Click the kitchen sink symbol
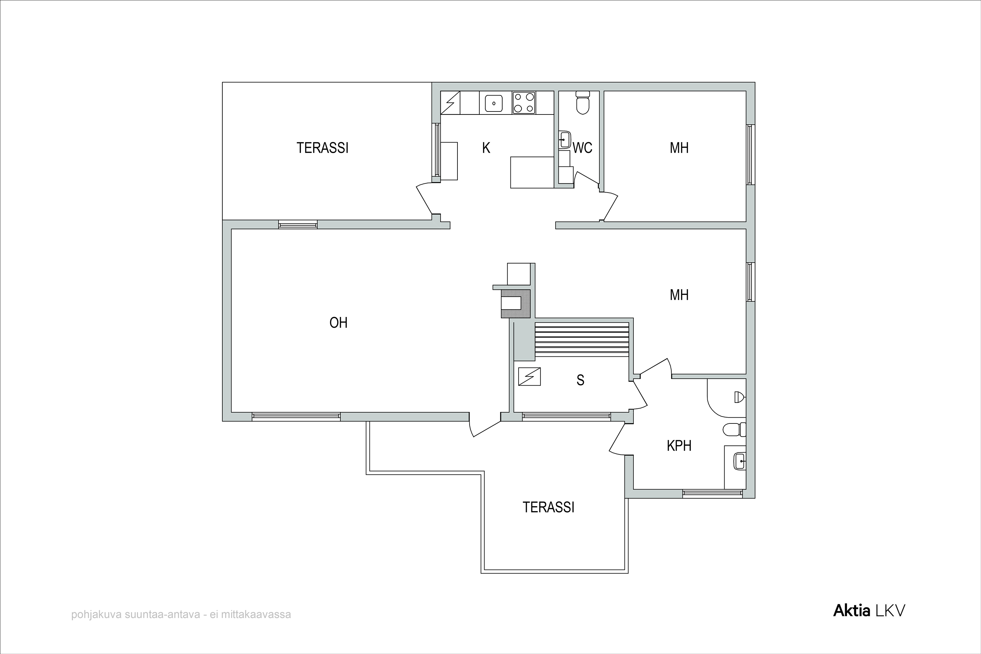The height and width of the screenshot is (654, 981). point(494,103)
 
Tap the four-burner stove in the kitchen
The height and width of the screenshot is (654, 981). point(524,103)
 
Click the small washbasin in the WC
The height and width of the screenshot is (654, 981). point(565,139)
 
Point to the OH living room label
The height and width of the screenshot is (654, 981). point(338,322)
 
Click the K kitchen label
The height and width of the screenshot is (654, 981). point(486,148)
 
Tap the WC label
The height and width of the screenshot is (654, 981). point(583,148)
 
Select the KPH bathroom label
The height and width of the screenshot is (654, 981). point(679,445)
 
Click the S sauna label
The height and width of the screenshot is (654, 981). point(580,380)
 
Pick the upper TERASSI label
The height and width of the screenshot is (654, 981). point(322,148)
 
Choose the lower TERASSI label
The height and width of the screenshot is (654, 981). point(548,507)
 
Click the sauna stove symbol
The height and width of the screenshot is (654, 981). point(529,376)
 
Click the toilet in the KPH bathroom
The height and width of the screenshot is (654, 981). point(734,429)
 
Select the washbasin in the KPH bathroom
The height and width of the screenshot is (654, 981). point(739,461)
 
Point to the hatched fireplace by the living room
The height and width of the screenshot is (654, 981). point(516,304)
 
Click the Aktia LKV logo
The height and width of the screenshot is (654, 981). point(869,611)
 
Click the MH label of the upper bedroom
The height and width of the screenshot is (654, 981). point(679,148)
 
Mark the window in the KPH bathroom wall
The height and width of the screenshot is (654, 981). point(713,494)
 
